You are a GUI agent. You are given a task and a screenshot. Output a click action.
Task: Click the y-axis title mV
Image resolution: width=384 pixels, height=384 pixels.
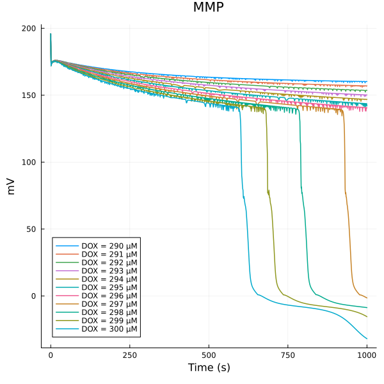pos(10,186)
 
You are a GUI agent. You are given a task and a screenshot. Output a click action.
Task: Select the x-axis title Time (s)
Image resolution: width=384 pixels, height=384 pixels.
pos(208,367)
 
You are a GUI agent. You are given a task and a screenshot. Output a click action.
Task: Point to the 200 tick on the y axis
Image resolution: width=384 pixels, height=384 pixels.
pos(30,29)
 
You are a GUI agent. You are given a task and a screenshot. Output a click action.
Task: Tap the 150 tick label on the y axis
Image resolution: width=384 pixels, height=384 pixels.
pos(30,95)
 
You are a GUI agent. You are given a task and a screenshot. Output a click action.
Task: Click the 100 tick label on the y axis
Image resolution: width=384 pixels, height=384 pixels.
pos(30,162)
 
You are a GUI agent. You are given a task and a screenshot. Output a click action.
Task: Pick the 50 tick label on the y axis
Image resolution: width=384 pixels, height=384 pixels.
pos(33,229)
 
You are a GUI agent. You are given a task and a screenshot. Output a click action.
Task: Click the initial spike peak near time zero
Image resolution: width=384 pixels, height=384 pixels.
pos(51,34)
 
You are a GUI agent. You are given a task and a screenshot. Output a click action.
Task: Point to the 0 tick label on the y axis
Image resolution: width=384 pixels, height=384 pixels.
pos(35,296)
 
